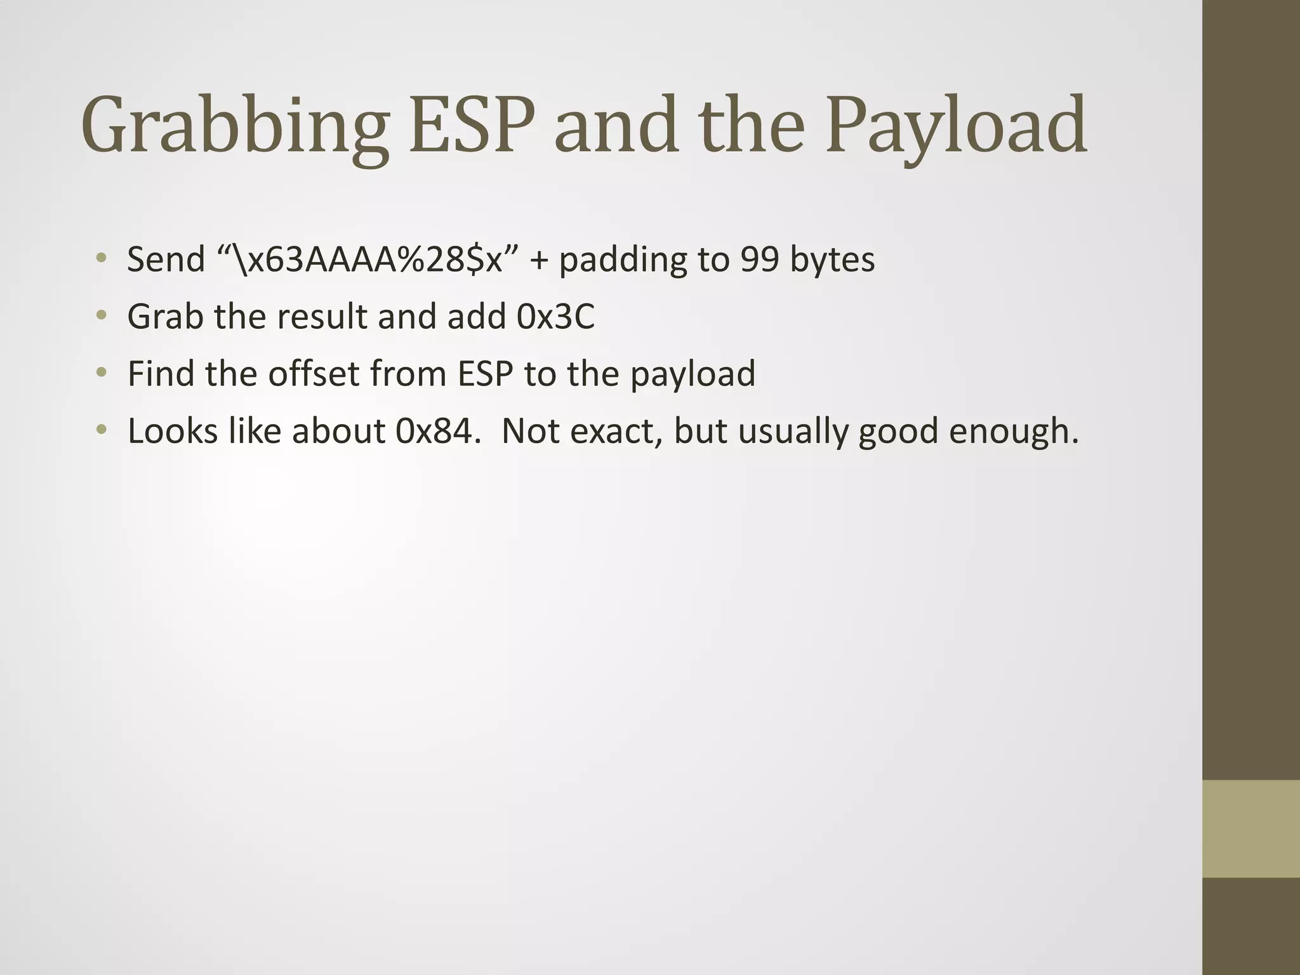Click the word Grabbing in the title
[234, 126]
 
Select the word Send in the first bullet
[166, 260]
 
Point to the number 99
[759, 260]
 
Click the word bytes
[832, 260]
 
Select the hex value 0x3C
[556, 317]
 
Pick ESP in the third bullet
[485, 374]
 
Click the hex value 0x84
[435, 431]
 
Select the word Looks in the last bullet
[172, 431]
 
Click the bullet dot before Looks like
[101, 430]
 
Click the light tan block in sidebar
[1251, 828]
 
